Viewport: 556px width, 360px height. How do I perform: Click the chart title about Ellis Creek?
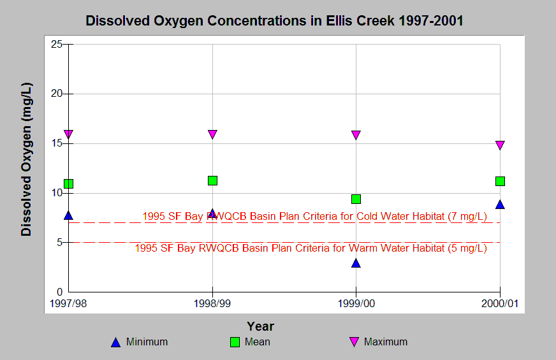274,20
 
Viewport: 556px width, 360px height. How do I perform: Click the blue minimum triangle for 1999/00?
356,263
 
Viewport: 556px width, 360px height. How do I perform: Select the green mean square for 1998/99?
212,181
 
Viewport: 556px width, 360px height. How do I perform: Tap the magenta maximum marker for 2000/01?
500,145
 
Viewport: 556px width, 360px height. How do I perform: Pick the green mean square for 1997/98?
68,184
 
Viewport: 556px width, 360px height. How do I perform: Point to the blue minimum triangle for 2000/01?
500,205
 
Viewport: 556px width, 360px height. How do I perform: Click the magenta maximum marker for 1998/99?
212,134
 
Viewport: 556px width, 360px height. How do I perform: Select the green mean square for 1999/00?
356,199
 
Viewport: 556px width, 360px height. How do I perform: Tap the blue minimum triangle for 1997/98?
68,215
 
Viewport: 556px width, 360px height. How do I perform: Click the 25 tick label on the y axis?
57,45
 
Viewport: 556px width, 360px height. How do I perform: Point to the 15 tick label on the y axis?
57,143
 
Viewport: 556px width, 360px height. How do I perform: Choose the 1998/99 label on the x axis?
212,304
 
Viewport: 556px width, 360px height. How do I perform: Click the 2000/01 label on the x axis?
500,304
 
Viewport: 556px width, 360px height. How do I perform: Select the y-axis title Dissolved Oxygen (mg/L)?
27,159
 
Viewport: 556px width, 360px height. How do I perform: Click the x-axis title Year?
261,326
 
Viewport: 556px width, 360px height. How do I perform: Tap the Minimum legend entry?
140,342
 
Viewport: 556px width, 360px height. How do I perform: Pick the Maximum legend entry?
378,342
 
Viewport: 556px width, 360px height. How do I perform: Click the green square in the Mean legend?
235,342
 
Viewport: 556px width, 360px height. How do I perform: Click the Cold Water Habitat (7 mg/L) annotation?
314,216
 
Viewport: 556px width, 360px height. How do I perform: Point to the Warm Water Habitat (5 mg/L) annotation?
311,248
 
